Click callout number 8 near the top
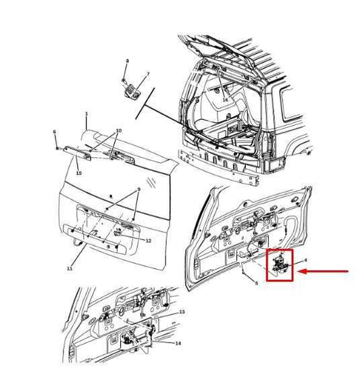click(x=126, y=62)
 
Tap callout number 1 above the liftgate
click(x=86, y=115)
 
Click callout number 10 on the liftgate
click(x=118, y=130)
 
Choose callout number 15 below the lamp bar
click(x=78, y=174)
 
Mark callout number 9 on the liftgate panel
click(x=138, y=190)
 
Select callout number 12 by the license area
click(x=149, y=241)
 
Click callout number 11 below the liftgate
click(x=70, y=268)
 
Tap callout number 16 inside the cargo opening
click(x=225, y=100)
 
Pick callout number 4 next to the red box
click(x=305, y=260)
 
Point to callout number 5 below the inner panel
click(x=256, y=283)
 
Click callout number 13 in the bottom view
click(x=181, y=312)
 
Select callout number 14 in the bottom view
click(x=178, y=343)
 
